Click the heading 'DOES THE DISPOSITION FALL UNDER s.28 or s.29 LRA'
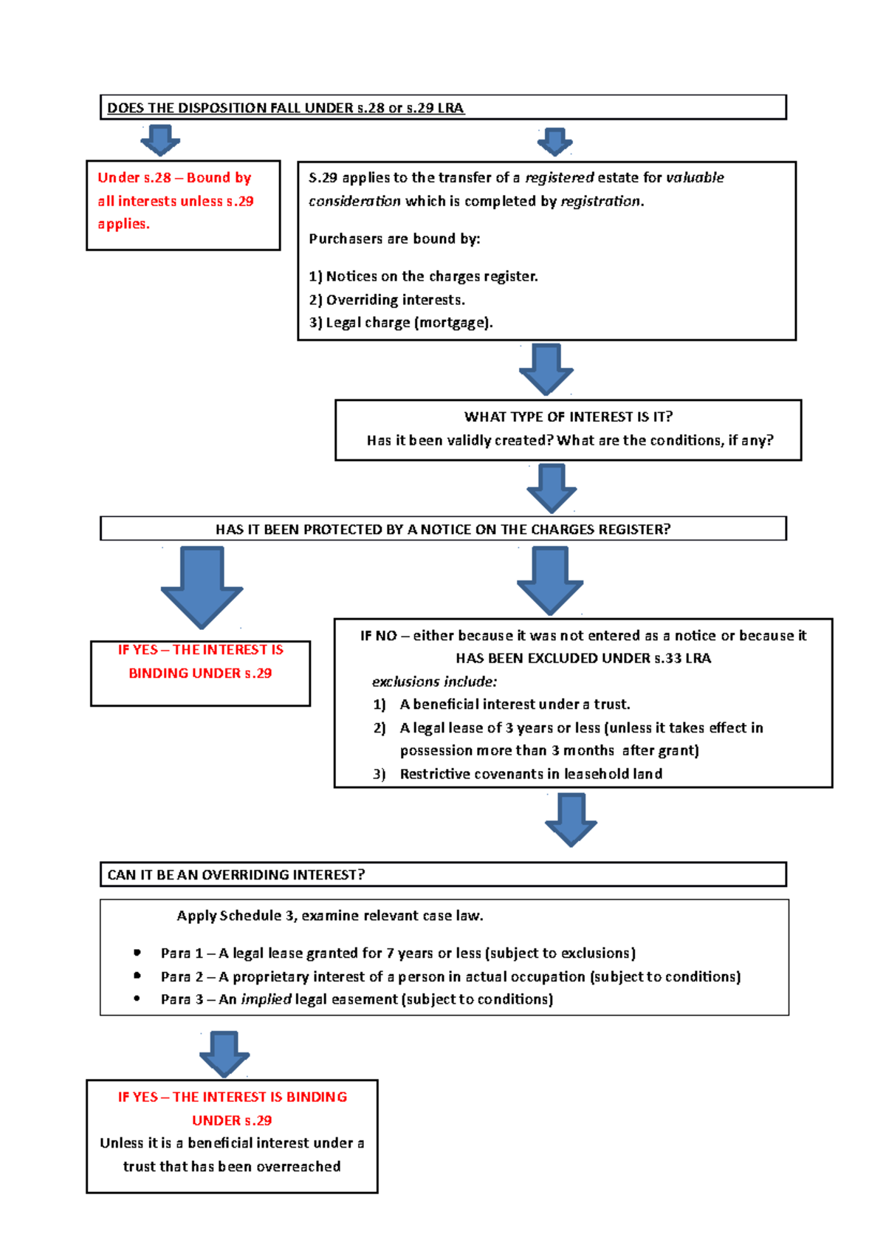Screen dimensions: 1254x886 [x=285, y=108]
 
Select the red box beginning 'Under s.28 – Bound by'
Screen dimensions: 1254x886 [x=182, y=205]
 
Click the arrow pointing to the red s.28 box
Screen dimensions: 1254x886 [x=160, y=140]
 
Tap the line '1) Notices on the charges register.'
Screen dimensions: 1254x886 [x=423, y=276]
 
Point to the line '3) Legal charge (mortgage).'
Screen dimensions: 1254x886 [x=400, y=323]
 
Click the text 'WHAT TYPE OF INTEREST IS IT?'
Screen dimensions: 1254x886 [x=568, y=417]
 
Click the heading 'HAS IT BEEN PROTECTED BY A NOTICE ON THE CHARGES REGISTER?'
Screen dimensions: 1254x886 [x=443, y=529]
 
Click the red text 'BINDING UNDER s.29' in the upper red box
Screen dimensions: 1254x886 [x=200, y=673]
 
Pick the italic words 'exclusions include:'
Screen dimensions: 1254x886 [x=434, y=681]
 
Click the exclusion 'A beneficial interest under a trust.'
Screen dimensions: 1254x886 [x=515, y=704]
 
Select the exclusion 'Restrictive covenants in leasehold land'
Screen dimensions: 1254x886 [x=531, y=773]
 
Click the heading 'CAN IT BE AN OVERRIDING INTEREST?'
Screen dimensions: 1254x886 [x=236, y=874]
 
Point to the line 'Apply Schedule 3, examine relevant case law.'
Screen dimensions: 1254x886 [x=330, y=915]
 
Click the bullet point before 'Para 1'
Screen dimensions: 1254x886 [x=137, y=953]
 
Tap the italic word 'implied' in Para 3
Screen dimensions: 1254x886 [x=266, y=999]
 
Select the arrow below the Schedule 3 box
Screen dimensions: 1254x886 [x=224, y=1053]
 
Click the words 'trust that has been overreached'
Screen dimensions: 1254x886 [x=232, y=1166]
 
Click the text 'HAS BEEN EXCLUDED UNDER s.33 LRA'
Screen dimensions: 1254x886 [x=583, y=658]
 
